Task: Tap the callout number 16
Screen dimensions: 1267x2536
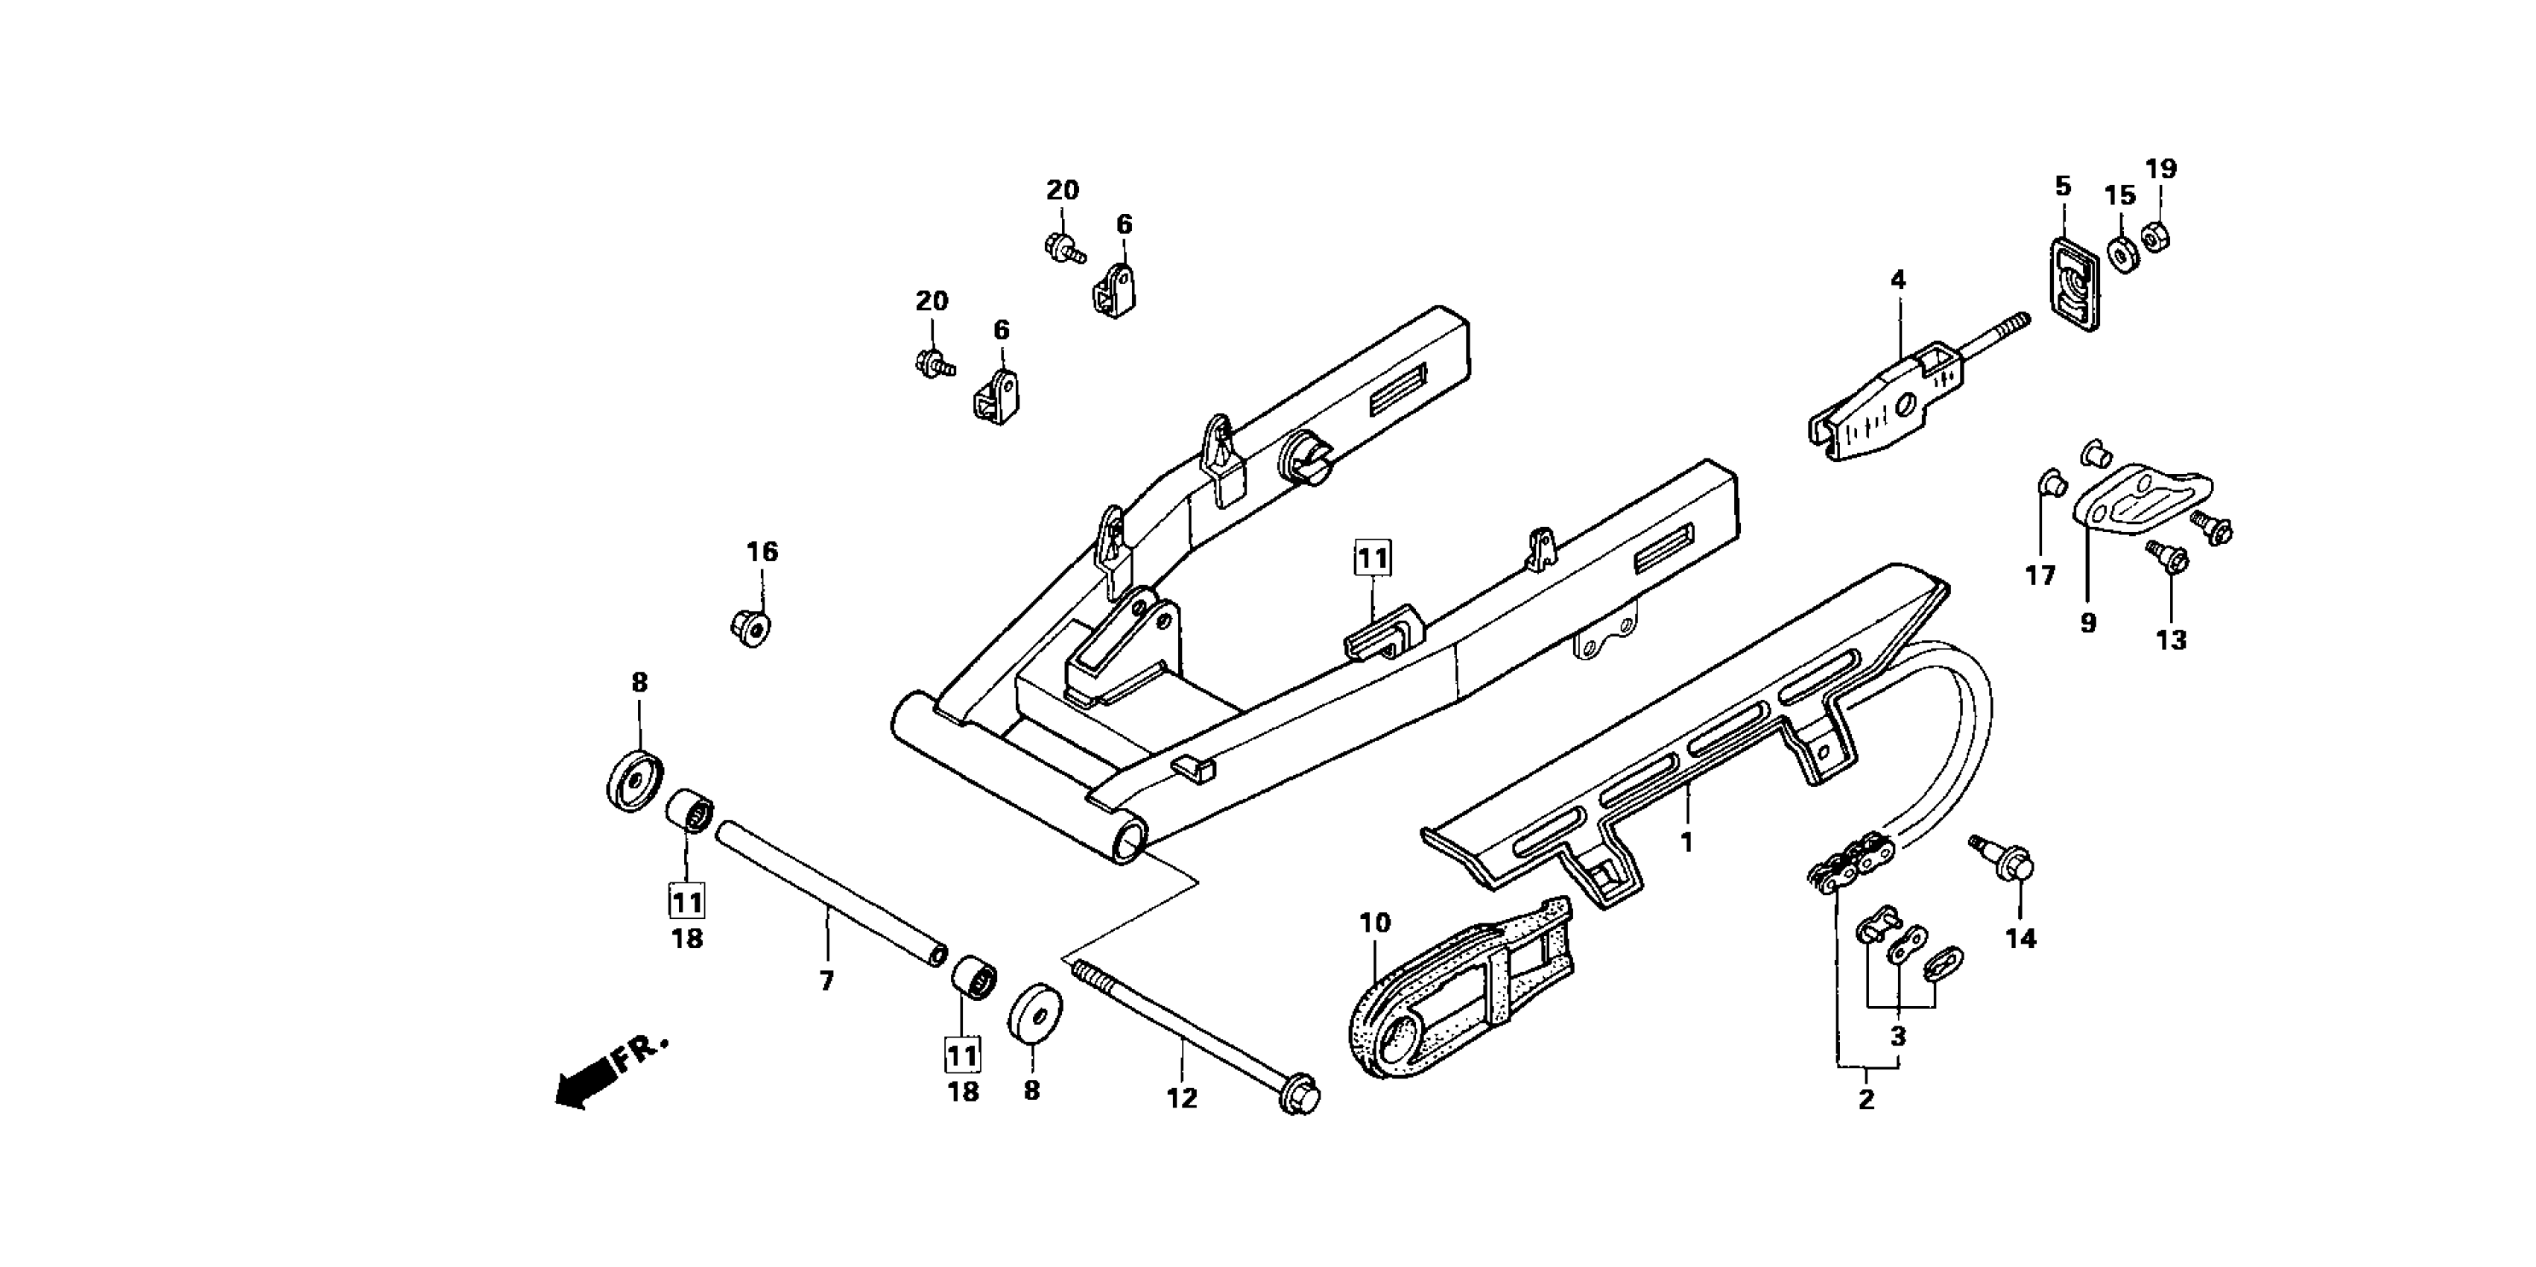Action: [762, 552]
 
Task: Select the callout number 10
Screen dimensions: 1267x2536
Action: [1374, 923]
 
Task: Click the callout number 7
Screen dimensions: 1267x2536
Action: [827, 981]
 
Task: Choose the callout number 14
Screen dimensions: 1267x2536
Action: [2020, 939]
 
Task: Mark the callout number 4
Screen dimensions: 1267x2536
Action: [1898, 280]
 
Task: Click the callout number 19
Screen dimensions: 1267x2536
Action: [2162, 169]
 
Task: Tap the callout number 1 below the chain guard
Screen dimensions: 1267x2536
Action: [1686, 843]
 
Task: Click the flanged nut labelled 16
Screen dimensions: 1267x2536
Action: [751, 626]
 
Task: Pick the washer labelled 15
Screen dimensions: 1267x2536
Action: [2122, 254]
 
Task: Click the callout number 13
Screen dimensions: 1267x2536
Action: [2171, 640]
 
